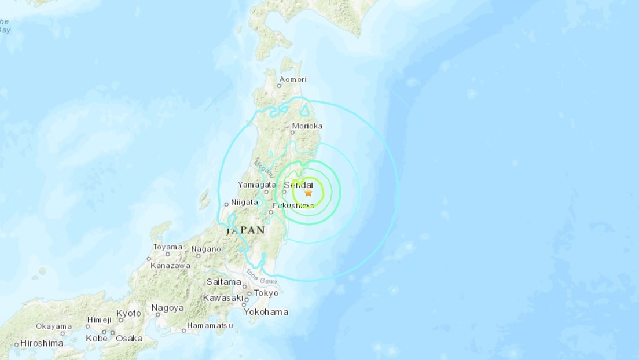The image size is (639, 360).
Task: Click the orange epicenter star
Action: pyautogui.click(x=308, y=193)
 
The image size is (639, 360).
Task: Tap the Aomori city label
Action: pyautogui.click(x=292, y=79)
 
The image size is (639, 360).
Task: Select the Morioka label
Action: pyautogui.click(x=307, y=126)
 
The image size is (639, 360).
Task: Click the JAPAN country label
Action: pyautogui.click(x=245, y=230)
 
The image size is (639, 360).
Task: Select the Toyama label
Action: pyautogui.click(x=168, y=247)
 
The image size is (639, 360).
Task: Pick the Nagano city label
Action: pyautogui.click(x=206, y=249)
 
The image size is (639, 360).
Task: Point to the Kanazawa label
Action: pyautogui.click(x=170, y=265)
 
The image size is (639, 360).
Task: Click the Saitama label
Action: pyautogui.click(x=223, y=282)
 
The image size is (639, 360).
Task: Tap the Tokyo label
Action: pyautogui.click(x=266, y=293)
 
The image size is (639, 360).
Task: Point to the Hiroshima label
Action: pyautogui.click(x=42, y=343)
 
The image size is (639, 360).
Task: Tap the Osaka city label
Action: pyautogui.click(x=128, y=338)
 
